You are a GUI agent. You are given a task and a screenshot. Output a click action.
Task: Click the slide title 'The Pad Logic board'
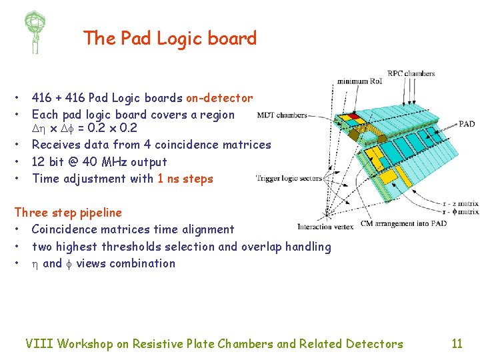[170, 39]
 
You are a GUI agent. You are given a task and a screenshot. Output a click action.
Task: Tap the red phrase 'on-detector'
[219, 98]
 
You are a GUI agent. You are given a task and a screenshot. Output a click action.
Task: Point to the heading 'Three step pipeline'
[68, 213]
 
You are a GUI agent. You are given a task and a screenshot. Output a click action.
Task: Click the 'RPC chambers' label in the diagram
[411, 73]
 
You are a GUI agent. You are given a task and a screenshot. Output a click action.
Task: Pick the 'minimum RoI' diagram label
[360, 81]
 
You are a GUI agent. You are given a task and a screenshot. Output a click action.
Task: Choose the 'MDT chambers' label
[282, 115]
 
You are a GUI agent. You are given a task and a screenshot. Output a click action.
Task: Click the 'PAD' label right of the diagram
[467, 124]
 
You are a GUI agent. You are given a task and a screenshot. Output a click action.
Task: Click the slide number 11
[457, 344]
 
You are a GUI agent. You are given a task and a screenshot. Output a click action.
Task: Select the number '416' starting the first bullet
[43, 98]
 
